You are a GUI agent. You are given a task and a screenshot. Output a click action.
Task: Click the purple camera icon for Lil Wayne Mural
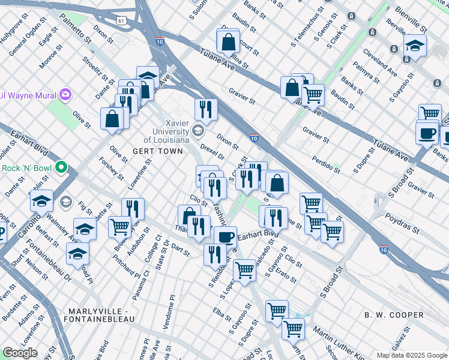click(x=65, y=95)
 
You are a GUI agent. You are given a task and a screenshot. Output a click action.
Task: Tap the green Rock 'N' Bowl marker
click(x=60, y=168)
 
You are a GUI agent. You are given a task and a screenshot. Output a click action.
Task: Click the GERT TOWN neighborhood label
click(x=157, y=151)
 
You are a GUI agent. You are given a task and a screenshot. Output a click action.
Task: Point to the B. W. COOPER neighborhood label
click(x=394, y=315)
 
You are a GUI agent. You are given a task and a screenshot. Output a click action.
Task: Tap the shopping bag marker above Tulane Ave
click(x=229, y=43)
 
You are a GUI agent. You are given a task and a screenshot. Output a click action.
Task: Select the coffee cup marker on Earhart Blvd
click(x=226, y=236)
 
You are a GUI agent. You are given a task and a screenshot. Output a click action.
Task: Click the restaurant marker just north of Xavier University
click(x=206, y=109)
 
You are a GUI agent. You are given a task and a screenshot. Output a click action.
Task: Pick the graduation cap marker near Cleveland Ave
click(x=414, y=45)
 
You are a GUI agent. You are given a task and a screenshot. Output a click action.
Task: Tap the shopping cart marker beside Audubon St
click(x=120, y=227)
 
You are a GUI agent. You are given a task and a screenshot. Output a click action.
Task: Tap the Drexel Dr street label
click(x=212, y=151)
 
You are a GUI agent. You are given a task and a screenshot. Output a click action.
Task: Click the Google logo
click(x=20, y=353)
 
